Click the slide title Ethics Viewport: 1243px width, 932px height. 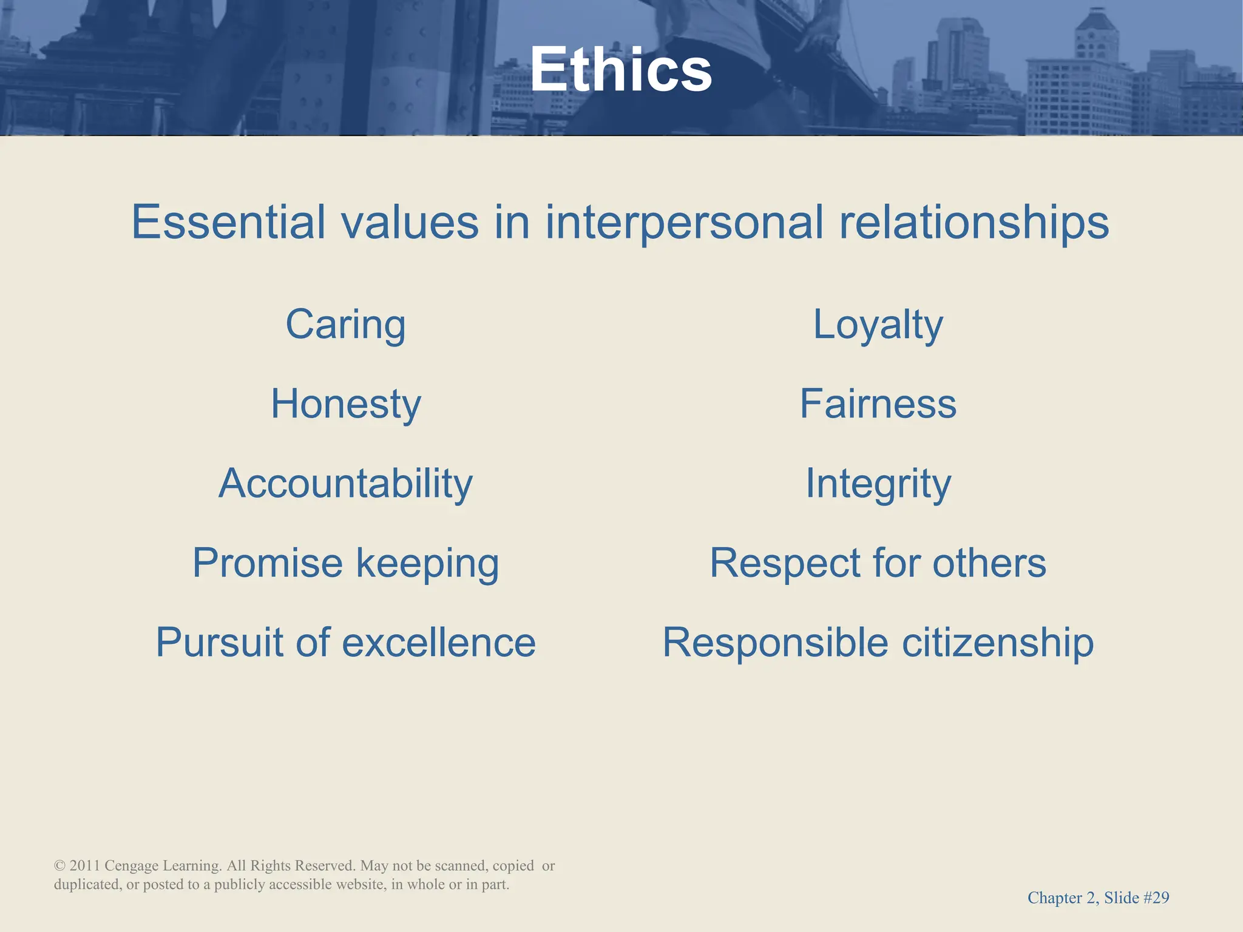point(621,70)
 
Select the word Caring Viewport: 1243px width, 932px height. point(345,325)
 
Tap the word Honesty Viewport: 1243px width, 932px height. point(345,404)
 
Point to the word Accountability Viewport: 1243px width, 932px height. point(345,484)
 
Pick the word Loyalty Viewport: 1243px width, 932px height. point(878,325)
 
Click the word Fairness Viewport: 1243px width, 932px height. point(878,404)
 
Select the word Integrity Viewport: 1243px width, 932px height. point(878,484)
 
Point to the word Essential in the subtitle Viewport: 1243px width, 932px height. point(229,222)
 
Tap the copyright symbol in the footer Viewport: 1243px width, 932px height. point(59,866)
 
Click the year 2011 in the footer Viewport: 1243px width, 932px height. point(84,866)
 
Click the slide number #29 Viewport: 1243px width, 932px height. point(1156,898)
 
